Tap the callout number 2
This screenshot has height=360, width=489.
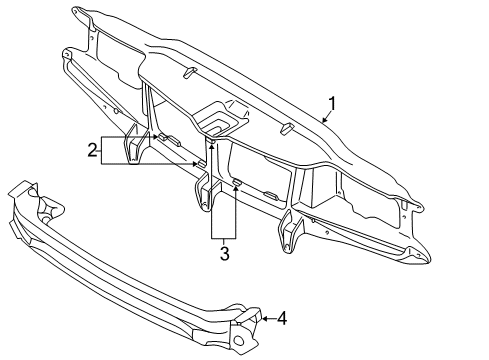coord(92,151)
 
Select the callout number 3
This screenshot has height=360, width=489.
coord(224,254)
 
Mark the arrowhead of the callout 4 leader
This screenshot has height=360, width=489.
coord(263,319)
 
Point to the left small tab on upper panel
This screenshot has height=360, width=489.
coord(188,72)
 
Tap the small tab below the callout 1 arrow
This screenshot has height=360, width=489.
coord(286,128)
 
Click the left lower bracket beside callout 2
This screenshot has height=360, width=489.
coord(132,147)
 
